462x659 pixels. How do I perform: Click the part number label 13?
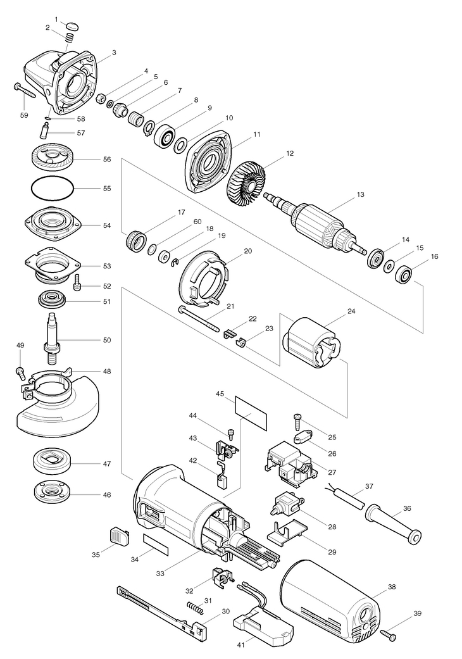360,194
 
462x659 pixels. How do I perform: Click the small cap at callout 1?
72,25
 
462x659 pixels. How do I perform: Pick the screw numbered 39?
389,633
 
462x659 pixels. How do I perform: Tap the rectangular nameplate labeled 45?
251,412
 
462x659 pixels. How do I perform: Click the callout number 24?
351,311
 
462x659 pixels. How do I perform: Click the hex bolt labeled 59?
25,93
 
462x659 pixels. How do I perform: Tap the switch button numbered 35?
120,536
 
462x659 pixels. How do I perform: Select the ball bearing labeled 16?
404,275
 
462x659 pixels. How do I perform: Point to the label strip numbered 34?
156,545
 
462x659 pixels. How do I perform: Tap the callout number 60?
197,222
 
